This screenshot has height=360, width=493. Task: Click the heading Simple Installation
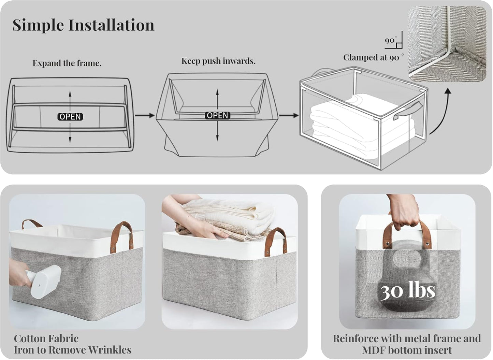click(x=83, y=25)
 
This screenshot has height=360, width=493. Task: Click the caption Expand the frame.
click(x=67, y=63)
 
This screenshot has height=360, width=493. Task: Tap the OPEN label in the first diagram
click(x=70, y=117)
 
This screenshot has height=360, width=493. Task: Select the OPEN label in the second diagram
click(x=217, y=116)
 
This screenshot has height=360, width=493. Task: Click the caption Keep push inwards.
click(x=218, y=61)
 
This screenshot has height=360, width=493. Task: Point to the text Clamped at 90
click(x=371, y=58)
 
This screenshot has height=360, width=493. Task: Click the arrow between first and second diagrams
click(x=145, y=116)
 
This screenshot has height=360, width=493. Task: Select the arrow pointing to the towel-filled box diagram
click(x=289, y=116)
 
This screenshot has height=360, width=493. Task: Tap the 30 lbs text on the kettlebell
click(x=408, y=291)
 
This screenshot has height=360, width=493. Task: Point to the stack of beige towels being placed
click(x=225, y=218)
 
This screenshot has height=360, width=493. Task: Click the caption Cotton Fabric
click(x=46, y=339)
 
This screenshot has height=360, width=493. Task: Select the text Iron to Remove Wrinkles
click(x=72, y=350)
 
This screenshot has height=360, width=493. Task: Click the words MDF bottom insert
click(x=407, y=350)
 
